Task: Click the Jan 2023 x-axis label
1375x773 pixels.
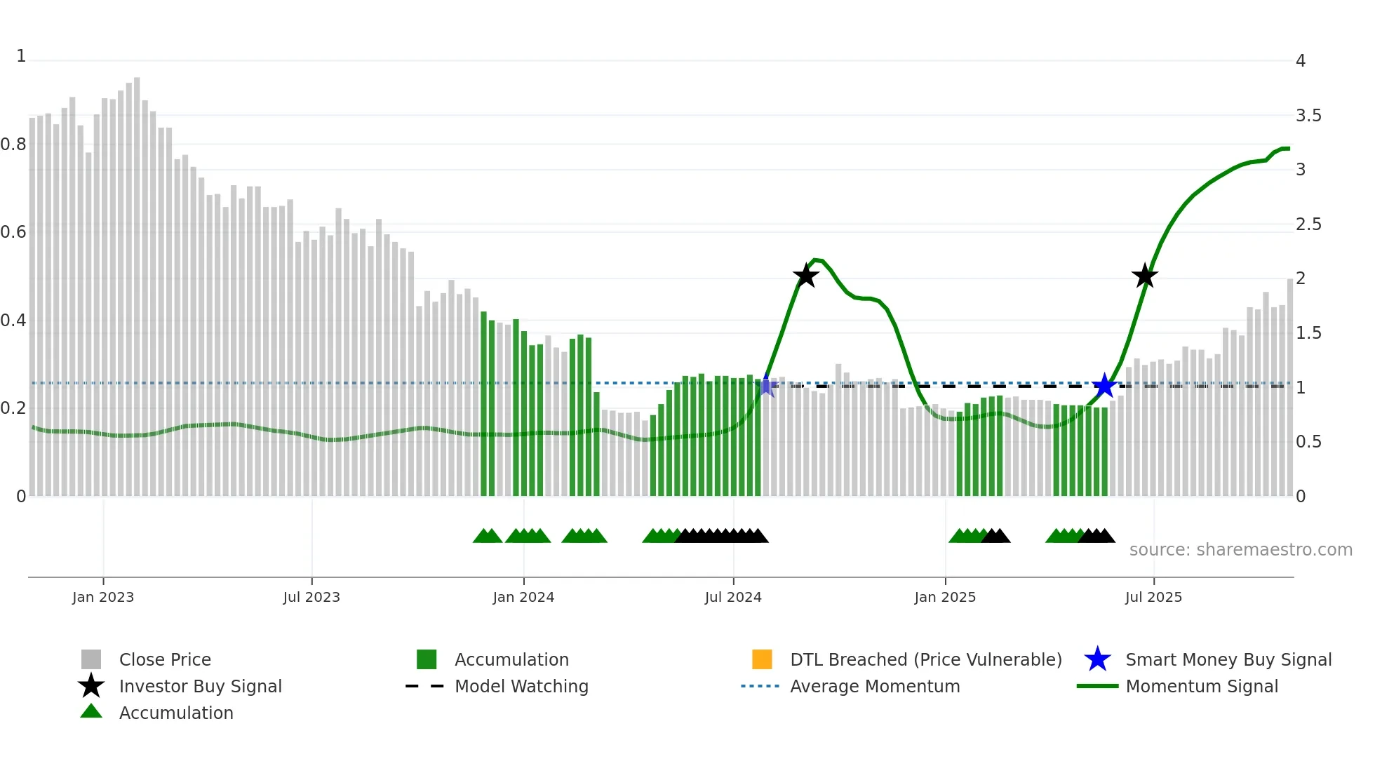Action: point(102,597)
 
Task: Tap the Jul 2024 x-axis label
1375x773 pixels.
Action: point(732,597)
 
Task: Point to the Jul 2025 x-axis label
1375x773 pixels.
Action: point(1153,597)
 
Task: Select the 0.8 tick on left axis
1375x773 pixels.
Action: point(13,144)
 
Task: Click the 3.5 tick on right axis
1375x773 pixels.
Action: point(1308,116)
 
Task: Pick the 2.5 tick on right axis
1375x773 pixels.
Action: point(1308,224)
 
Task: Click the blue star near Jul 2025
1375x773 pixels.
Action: point(1104,385)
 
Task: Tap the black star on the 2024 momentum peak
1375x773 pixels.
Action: point(806,276)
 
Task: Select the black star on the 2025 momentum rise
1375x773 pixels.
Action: point(1145,276)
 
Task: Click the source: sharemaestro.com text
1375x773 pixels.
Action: point(1240,550)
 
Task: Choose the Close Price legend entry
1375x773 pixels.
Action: point(165,659)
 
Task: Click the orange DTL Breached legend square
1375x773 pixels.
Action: point(762,659)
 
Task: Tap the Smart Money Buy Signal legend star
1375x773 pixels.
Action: point(1097,659)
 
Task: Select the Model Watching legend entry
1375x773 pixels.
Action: point(521,686)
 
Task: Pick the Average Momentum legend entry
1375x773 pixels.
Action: point(874,686)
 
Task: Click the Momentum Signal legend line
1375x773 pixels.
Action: point(1097,686)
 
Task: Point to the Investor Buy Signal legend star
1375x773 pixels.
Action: point(91,686)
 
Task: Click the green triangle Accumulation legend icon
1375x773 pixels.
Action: point(91,711)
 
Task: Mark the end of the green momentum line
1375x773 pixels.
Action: point(1288,149)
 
